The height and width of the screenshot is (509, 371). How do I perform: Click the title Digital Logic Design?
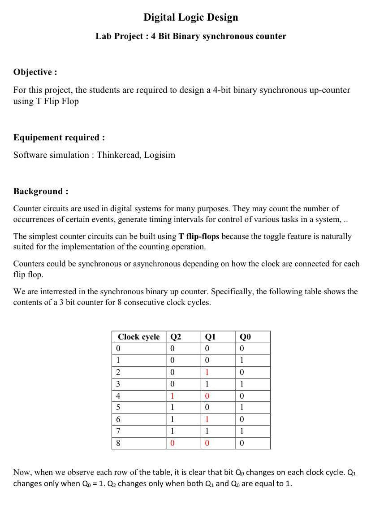pos(190,17)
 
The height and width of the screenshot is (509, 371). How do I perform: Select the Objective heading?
pos(35,72)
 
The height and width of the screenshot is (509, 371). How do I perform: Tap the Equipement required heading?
pos(59,137)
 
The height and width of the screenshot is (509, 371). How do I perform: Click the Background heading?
pos(41,191)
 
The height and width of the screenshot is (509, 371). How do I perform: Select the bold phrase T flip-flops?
pos(198,236)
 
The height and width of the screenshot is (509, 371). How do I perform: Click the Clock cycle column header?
pos(138,337)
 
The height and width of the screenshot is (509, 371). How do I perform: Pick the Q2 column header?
pos(176,337)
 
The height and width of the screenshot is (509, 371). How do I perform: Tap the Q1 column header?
pos(211,337)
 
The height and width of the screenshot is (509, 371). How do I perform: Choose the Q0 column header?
pos(246,337)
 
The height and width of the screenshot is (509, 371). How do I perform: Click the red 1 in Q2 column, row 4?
pos(172,396)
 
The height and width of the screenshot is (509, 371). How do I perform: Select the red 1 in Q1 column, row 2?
pos(207,372)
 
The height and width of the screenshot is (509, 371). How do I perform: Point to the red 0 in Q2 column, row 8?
pos(172,444)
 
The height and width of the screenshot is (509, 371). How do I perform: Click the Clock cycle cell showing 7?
pos(118,431)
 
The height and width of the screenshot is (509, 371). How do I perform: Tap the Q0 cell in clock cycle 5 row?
pos(242,408)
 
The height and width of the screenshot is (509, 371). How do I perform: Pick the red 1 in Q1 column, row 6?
pos(207,420)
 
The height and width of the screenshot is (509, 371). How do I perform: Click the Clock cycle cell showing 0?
pos(118,348)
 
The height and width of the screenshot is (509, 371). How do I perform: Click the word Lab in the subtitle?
pos(104,36)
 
